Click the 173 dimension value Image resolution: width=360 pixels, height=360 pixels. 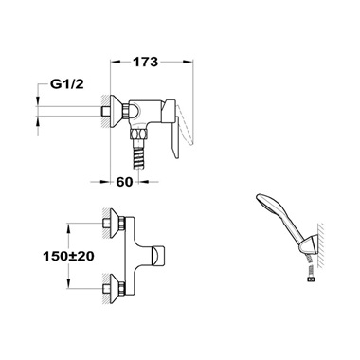click(x=145, y=62)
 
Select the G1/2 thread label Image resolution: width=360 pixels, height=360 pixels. click(x=67, y=84)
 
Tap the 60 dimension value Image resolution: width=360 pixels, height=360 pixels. click(x=124, y=182)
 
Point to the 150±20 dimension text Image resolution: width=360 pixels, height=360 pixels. click(x=68, y=256)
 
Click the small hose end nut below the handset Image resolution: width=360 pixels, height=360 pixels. click(x=312, y=279)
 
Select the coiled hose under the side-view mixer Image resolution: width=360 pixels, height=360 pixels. click(x=140, y=155)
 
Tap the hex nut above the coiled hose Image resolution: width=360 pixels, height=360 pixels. click(x=139, y=135)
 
